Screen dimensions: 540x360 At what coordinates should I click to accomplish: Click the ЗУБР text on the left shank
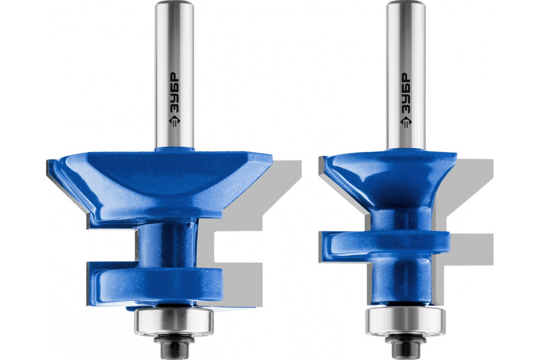coord(175,92)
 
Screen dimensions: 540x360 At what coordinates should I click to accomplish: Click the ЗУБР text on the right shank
coord(406,92)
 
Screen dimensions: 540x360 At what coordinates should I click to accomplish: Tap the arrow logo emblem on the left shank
coord(175,122)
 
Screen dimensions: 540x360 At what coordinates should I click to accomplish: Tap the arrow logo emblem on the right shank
coord(406,122)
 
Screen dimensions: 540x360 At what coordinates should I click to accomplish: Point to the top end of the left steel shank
coord(174,2)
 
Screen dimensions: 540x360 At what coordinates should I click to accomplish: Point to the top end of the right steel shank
coord(405,2)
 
